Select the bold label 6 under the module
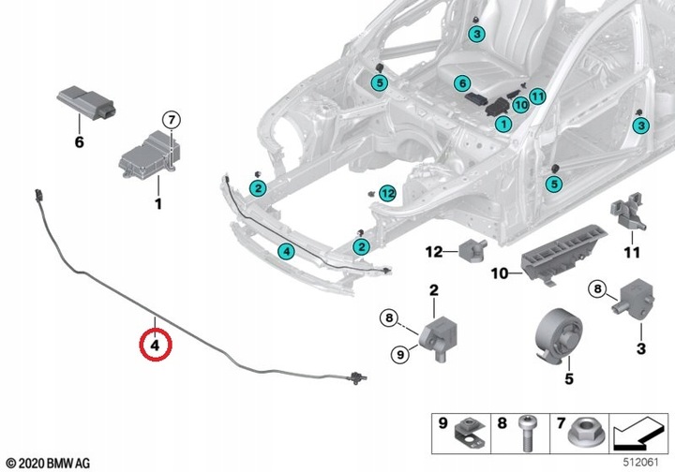click(79, 142)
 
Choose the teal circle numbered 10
click(519, 105)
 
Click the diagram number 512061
click(642, 460)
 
